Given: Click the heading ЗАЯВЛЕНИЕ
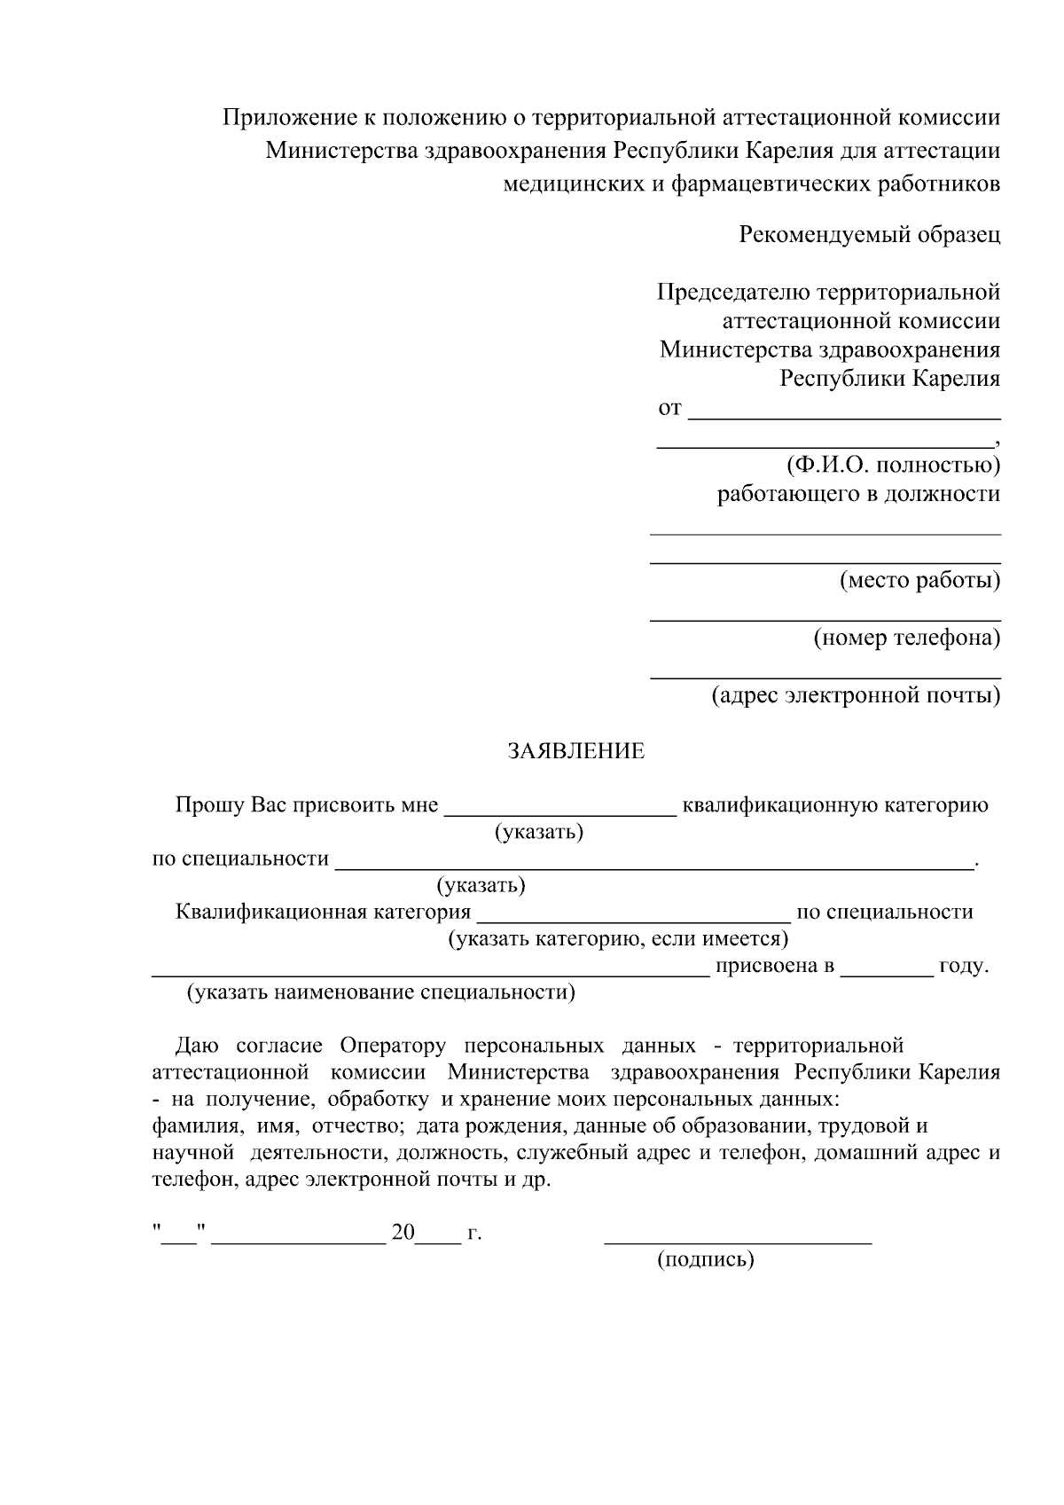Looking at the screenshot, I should pyautogui.click(x=575, y=752).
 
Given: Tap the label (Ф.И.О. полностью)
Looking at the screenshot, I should pyautogui.click(x=893, y=465).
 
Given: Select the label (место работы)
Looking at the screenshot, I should pyautogui.click(x=919, y=581).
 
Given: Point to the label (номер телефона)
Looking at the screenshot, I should pyautogui.click(x=906, y=638).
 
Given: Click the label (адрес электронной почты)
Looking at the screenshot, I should pyautogui.click(x=856, y=695).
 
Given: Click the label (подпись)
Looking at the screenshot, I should pyautogui.click(x=705, y=1259).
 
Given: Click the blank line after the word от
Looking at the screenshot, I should pyautogui.click(x=844, y=416).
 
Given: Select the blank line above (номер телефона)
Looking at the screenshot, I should pyautogui.click(x=825, y=619).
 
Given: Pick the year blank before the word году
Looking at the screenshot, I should pyautogui.click(x=887, y=974).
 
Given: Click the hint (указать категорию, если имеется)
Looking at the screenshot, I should pyautogui.click(x=618, y=938).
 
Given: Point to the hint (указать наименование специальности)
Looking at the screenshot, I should pyautogui.click(x=380, y=992).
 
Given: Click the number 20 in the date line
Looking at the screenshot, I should pyautogui.click(x=403, y=1233).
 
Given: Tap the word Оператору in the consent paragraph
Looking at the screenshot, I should pyautogui.click(x=393, y=1046).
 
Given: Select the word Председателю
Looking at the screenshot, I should pyautogui.click(x=731, y=292).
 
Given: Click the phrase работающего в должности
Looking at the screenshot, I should pyautogui.click(x=858, y=494).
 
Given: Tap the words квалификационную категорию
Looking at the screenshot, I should pyautogui.click(x=835, y=805).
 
